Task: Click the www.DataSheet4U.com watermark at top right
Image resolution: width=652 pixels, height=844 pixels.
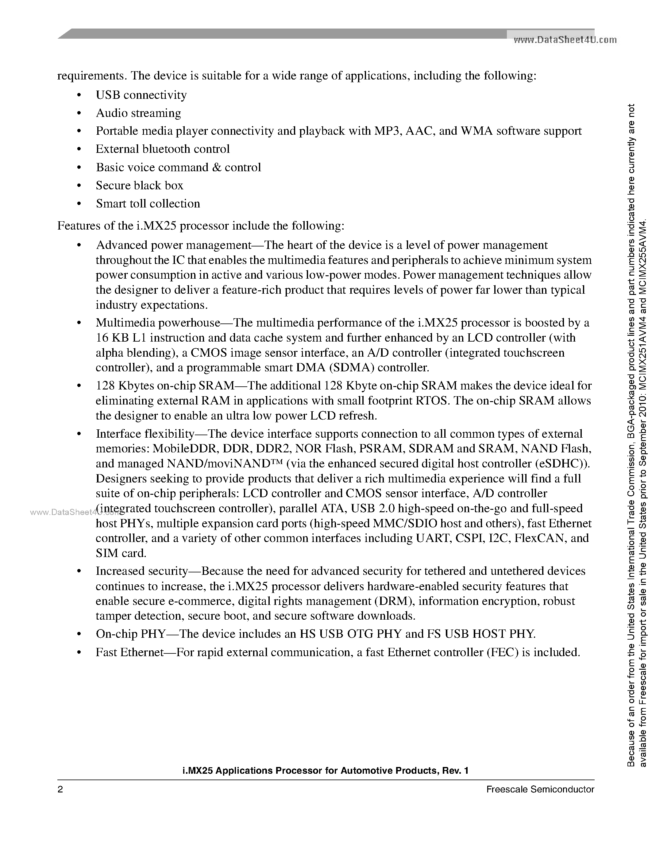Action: (x=564, y=40)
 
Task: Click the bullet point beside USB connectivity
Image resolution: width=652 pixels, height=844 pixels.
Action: (x=79, y=95)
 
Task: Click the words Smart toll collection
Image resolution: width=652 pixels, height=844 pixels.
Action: (x=148, y=204)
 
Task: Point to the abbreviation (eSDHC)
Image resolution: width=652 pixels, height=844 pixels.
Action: (x=562, y=463)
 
